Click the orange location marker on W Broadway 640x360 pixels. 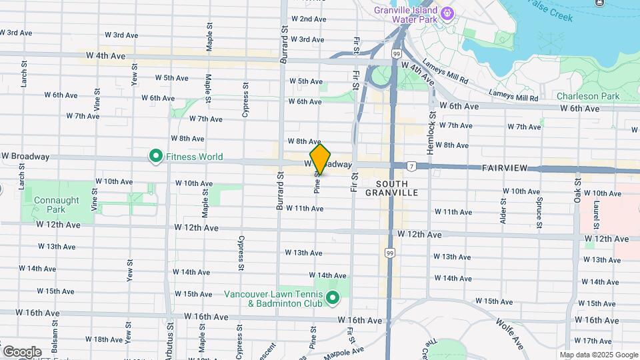click(320, 159)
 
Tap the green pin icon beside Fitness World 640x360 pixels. click(155, 157)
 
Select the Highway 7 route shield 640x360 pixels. click(413, 165)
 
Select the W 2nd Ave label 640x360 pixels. click(307, 19)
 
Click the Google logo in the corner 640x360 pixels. click(22, 351)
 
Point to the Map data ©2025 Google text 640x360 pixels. click(598, 355)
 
